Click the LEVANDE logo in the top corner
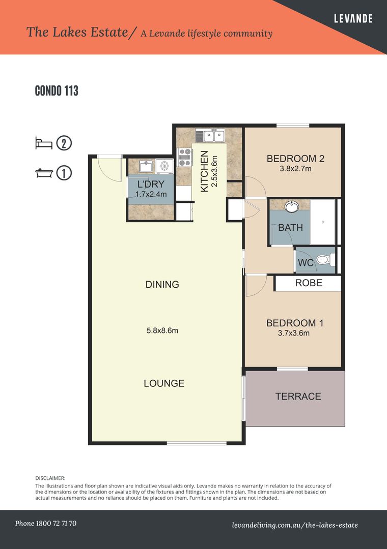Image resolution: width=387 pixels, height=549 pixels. point(353,19)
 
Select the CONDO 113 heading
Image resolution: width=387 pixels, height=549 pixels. point(56,91)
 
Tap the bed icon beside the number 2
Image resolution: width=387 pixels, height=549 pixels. point(44,143)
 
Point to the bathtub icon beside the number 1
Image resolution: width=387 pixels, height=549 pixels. point(44,173)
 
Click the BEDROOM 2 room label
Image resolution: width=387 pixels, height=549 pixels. point(295,159)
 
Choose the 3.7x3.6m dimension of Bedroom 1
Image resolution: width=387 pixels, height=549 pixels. point(294,333)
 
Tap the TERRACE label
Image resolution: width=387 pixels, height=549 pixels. point(298,396)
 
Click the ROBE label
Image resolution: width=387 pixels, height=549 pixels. point(309,283)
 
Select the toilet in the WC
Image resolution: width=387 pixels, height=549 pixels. point(323,260)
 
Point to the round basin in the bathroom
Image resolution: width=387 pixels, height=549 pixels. point(292,206)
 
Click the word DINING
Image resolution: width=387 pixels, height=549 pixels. point(162,285)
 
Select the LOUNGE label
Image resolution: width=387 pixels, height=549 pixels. point(164,383)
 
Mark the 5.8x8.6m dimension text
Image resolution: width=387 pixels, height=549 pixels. point(162,331)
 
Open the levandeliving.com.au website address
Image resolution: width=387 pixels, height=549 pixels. point(294,525)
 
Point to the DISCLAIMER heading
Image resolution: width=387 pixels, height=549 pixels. point(50,478)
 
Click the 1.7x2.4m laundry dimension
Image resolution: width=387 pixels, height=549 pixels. point(151,194)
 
